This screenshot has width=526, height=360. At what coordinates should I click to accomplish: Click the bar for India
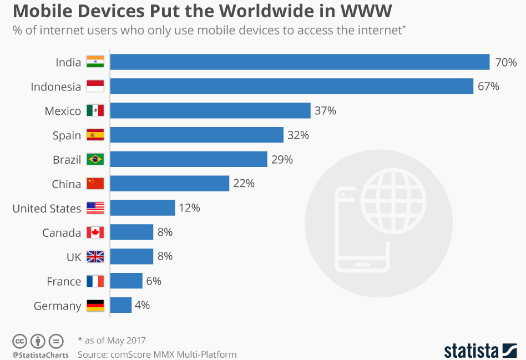(x=300, y=62)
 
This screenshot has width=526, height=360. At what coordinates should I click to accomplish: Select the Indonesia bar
(x=291, y=87)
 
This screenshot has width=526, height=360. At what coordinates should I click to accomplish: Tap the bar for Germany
(x=121, y=305)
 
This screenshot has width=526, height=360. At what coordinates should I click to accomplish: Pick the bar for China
(x=170, y=184)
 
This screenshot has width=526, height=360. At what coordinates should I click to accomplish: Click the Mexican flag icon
(x=95, y=111)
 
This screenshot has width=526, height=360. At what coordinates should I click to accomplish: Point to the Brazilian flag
(x=95, y=160)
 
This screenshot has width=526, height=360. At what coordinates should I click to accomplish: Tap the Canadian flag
(x=95, y=232)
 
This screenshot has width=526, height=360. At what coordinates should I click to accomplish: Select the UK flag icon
(x=95, y=257)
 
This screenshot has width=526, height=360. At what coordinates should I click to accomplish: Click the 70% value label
(x=505, y=63)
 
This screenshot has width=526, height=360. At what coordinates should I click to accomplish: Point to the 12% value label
(x=189, y=208)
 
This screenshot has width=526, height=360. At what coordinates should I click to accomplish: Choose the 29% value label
(x=282, y=160)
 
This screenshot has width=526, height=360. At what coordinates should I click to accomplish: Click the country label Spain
(x=67, y=136)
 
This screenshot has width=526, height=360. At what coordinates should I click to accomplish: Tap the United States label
(x=47, y=209)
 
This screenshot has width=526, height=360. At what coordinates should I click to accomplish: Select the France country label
(x=64, y=282)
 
